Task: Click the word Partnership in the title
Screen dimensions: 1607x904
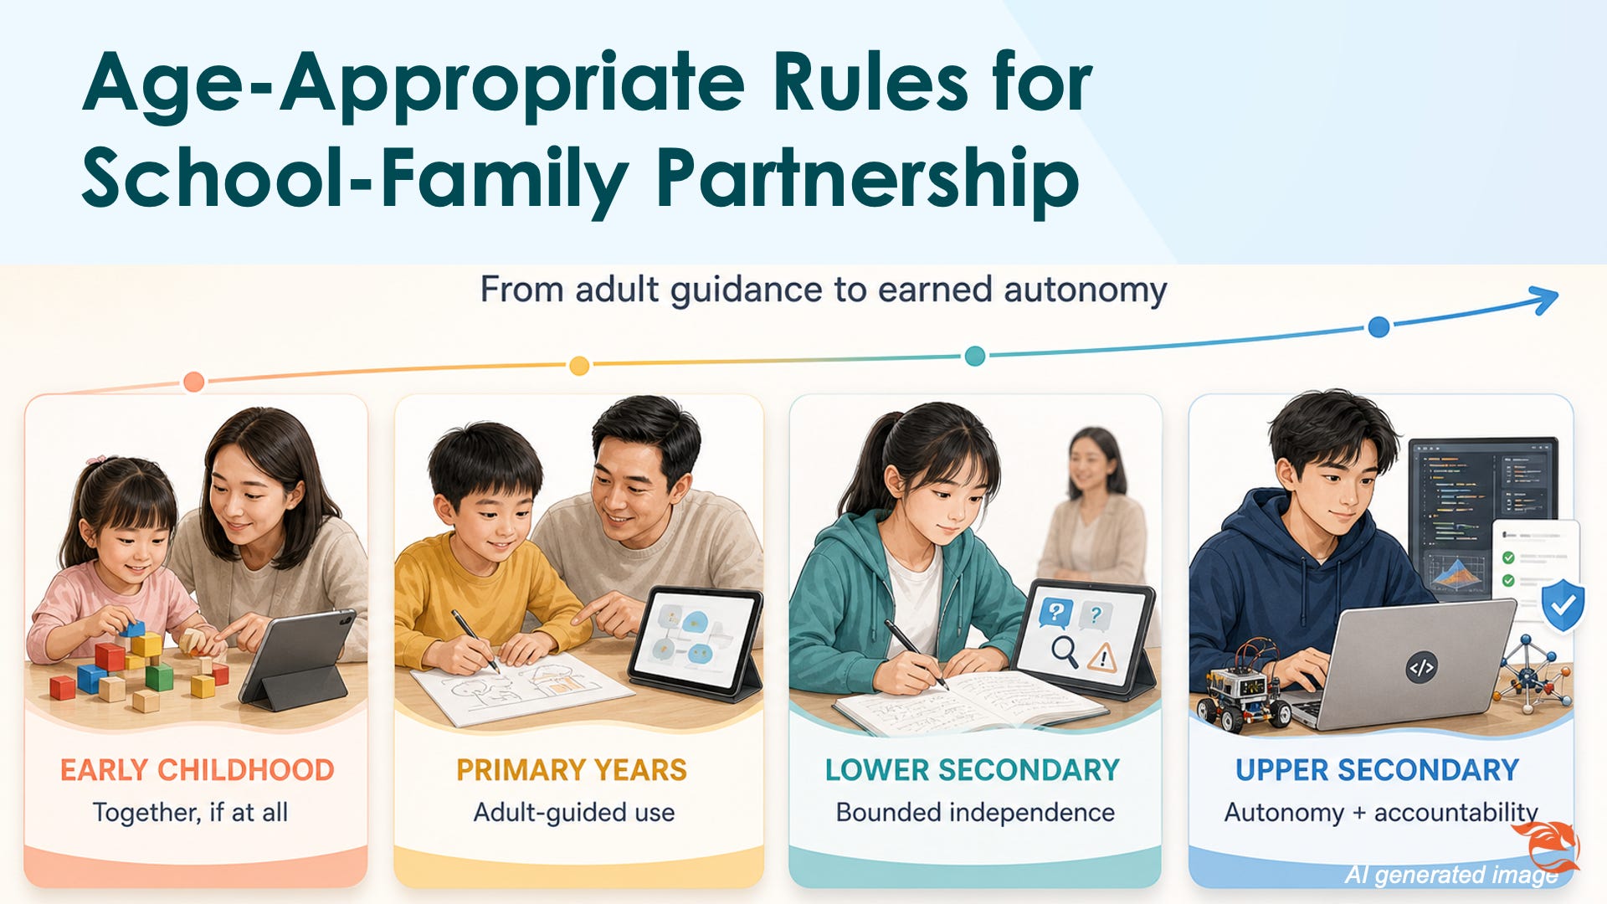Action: pos(867,178)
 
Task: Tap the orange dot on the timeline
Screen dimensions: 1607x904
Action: pos(193,382)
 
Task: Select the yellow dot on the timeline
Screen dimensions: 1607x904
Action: pos(579,366)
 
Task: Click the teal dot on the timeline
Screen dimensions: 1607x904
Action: pos(975,356)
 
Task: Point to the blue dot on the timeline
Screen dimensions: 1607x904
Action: pos(1379,326)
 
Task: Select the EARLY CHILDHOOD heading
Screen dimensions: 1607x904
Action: pos(197,770)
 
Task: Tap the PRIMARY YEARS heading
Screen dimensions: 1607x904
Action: pos(572,770)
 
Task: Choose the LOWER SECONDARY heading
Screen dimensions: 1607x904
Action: pos(973,770)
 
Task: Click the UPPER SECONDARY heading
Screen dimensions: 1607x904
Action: pos(1378,770)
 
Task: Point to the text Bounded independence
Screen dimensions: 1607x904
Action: pos(975,812)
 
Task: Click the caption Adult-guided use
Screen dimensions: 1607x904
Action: pos(574,812)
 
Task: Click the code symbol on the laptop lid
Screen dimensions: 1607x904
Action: pos(1421,668)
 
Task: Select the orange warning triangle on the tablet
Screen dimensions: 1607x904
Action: pos(1102,657)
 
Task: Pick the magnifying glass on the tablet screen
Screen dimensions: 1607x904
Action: pos(1065,651)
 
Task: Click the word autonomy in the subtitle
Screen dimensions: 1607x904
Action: pos(1085,290)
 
